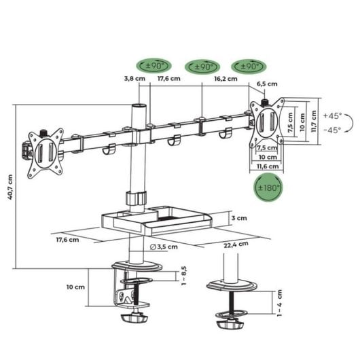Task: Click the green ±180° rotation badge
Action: point(268,187)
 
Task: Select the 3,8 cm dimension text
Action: point(134,79)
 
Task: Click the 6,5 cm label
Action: point(268,84)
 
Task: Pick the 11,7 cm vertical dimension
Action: point(314,122)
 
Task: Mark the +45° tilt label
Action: point(333,116)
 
